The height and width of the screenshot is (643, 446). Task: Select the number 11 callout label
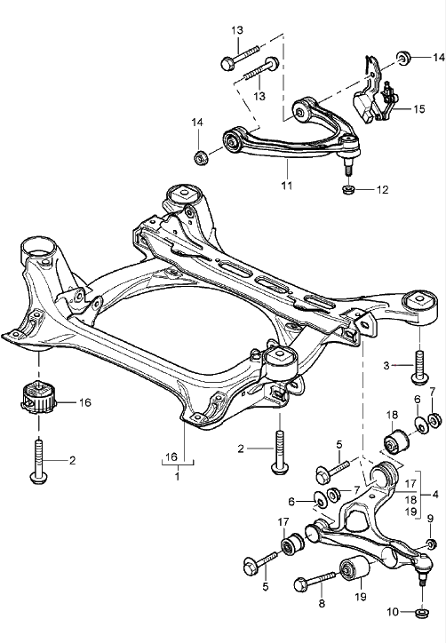[x=287, y=187]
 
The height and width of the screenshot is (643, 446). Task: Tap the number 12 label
[x=383, y=189]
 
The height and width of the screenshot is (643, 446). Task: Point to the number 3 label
[x=386, y=365]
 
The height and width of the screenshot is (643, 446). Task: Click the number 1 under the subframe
[x=177, y=476]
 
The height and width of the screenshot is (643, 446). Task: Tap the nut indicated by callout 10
[x=420, y=611]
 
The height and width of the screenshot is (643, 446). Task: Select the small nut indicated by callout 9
[x=431, y=544]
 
